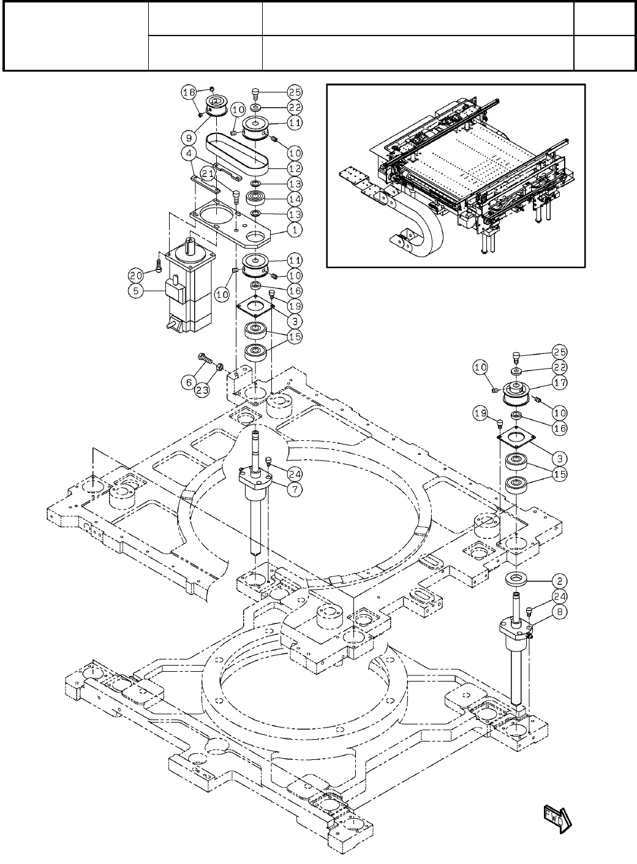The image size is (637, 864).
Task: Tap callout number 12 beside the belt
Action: click(x=295, y=168)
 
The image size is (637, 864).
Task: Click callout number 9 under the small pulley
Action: click(x=190, y=138)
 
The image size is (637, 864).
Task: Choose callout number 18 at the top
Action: click(x=189, y=92)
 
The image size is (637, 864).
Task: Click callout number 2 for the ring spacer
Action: click(x=559, y=580)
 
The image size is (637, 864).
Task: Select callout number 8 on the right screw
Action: click(x=559, y=610)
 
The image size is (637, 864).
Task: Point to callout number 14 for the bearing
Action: click(x=295, y=199)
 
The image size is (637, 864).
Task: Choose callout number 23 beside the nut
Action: click(x=203, y=389)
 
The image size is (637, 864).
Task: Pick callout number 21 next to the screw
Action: click(x=209, y=175)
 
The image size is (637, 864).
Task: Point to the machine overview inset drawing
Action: click(x=456, y=176)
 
